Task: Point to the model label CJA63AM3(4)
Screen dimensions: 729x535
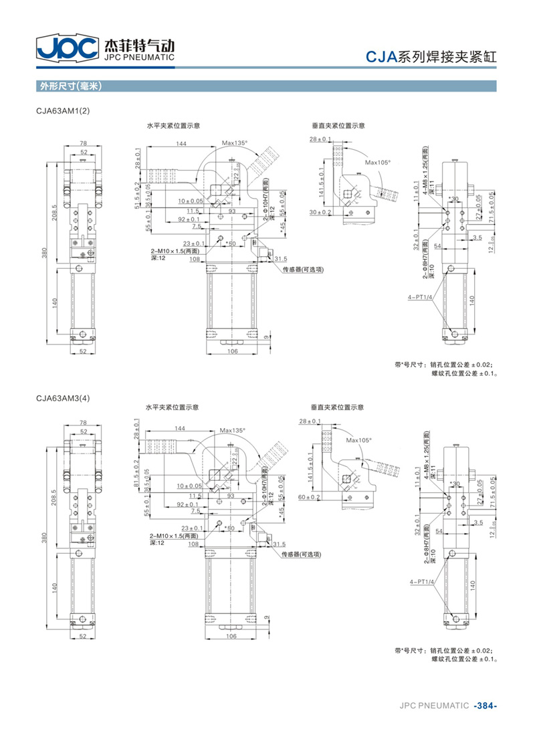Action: click(63, 399)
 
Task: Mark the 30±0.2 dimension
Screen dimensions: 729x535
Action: click(320, 212)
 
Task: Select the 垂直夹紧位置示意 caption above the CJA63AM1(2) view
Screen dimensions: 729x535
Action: click(338, 125)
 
